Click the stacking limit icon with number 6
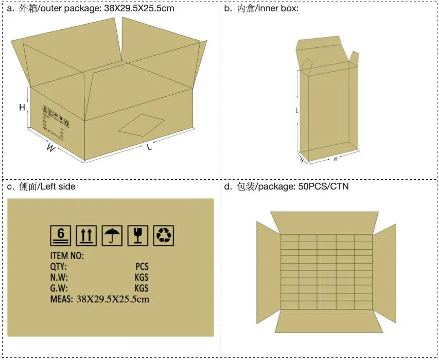[x=60, y=235]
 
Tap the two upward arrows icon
[x=86, y=235]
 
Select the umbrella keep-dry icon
[x=112, y=235]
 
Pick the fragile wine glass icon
[x=138, y=235]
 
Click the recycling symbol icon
[x=164, y=235]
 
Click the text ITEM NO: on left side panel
[x=67, y=255]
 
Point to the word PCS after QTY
[x=142, y=266]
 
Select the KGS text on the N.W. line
[x=141, y=277]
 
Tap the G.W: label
[x=59, y=288]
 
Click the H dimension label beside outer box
[x=22, y=107]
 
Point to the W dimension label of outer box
[x=50, y=148]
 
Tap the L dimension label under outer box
[x=150, y=148]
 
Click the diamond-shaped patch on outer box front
[x=141, y=124]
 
